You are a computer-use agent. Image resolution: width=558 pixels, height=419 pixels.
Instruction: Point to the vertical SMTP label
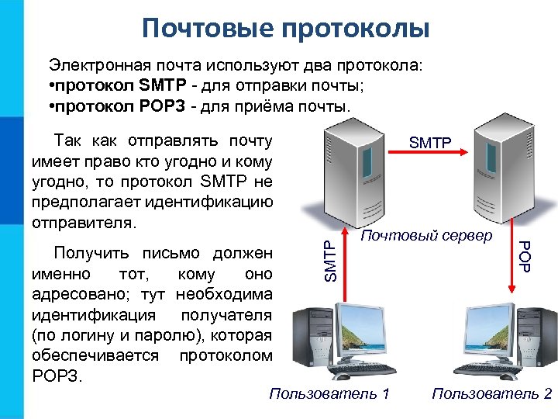click(331, 261)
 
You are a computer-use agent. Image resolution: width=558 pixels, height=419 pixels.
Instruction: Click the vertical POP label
click(525, 257)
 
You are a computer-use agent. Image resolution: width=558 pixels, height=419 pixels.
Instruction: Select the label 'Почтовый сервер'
click(425, 235)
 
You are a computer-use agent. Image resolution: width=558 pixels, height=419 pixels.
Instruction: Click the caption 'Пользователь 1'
click(329, 394)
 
